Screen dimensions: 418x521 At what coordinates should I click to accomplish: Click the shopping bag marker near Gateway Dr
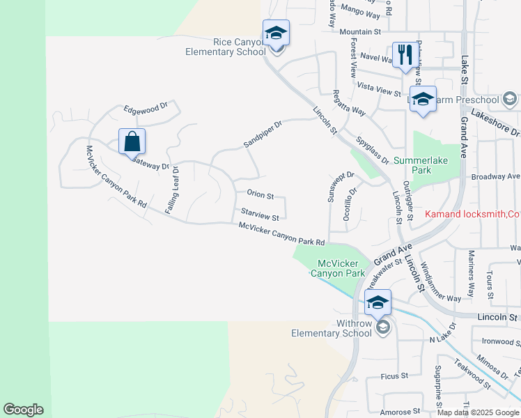point(132,141)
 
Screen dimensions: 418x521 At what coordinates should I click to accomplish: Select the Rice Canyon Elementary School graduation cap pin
point(276,33)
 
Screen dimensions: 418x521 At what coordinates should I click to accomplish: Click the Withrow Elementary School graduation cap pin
point(378,303)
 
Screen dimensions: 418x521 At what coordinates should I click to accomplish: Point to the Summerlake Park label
point(421,165)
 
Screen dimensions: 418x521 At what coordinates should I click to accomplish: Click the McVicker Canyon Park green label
point(341,268)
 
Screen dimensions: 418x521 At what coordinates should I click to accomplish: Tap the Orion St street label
point(260,196)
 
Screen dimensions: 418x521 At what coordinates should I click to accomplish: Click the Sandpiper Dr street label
point(263,134)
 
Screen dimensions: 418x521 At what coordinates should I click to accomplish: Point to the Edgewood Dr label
point(146,108)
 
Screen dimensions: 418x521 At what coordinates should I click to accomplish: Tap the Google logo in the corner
point(23,410)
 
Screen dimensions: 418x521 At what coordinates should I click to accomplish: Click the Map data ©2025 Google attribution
point(479,412)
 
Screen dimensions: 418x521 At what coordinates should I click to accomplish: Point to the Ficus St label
point(394,376)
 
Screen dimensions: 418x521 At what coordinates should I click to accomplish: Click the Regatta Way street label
point(349,102)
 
